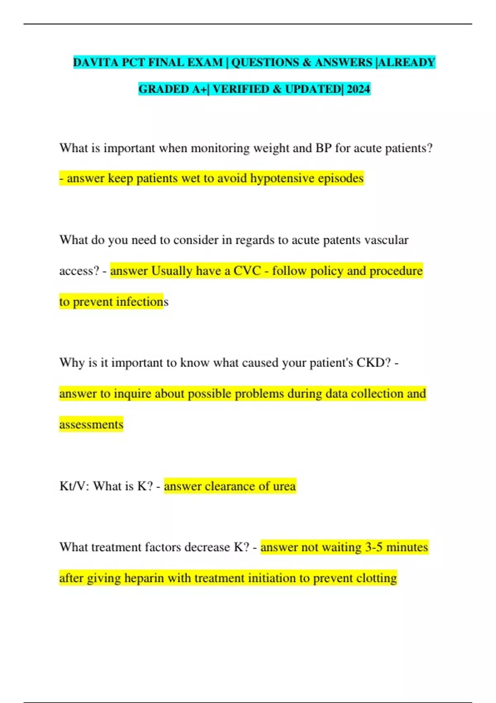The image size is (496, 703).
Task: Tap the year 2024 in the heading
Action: tap(358, 89)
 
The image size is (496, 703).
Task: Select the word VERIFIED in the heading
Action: tap(241, 89)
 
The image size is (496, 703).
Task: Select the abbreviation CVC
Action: tap(247, 271)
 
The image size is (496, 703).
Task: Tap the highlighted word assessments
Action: tap(91, 425)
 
